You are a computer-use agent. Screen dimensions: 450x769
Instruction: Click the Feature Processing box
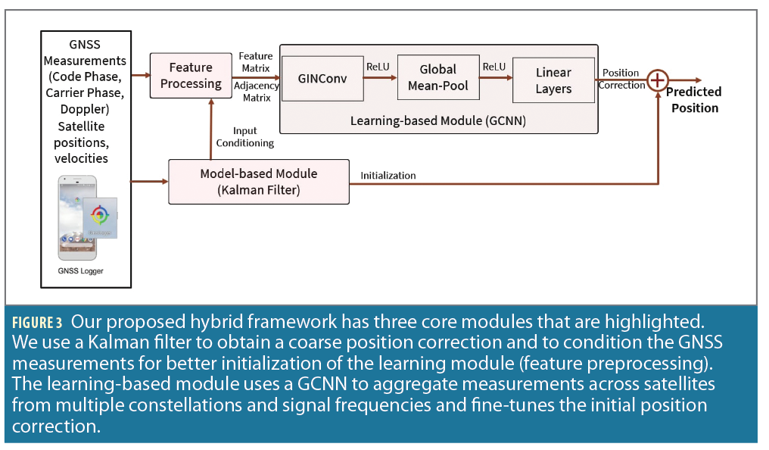(x=191, y=76)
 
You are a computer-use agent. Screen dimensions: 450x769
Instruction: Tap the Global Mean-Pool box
(x=437, y=77)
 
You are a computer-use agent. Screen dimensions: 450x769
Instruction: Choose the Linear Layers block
(x=553, y=80)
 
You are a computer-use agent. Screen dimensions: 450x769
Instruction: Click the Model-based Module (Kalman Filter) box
(x=259, y=181)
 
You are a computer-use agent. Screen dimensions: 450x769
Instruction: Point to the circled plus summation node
(x=658, y=79)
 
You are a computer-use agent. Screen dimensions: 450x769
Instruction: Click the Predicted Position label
(x=693, y=100)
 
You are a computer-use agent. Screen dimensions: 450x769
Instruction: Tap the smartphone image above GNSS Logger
(x=79, y=217)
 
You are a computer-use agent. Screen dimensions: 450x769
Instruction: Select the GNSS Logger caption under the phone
(x=81, y=270)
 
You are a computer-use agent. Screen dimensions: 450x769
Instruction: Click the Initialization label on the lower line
(x=388, y=176)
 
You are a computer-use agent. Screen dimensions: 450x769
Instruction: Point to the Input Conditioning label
(x=244, y=137)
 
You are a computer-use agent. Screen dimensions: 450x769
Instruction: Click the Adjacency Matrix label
(x=257, y=92)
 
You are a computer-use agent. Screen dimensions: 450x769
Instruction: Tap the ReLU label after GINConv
(x=378, y=67)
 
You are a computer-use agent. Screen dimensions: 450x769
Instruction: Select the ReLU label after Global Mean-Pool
(x=494, y=67)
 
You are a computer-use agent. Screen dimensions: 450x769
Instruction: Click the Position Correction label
(x=621, y=79)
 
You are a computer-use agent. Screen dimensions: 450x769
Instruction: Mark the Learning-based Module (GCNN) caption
(x=437, y=120)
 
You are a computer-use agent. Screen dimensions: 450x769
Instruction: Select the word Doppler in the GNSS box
(x=86, y=109)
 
